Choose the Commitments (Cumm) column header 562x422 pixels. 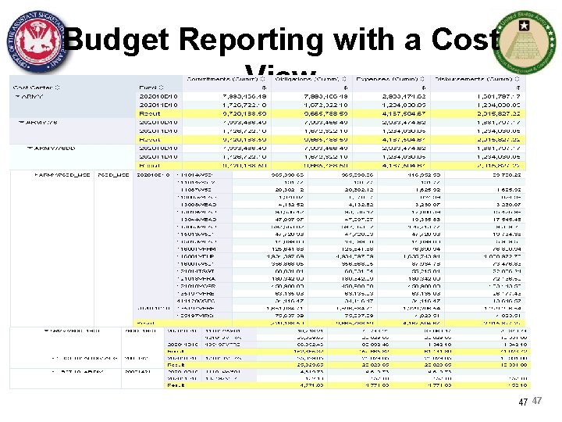pyautogui.click(x=221, y=80)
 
